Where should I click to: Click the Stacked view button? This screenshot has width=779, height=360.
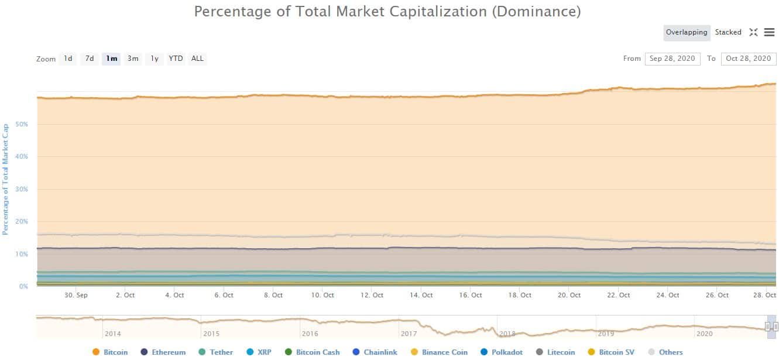[x=728, y=33]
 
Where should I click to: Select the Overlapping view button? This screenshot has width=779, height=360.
[x=687, y=33]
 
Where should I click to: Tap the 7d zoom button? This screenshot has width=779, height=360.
[x=90, y=59]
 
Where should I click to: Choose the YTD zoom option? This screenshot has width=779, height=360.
[x=176, y=59]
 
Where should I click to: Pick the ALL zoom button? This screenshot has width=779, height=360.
[x=198, y=59]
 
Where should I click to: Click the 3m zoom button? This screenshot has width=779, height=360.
[x=133, y=59]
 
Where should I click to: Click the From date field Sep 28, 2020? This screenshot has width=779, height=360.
[x=672, y=59]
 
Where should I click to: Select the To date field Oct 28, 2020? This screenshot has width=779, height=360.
[x=749, y=59]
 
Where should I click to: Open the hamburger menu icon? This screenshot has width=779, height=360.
[x=769, y=33]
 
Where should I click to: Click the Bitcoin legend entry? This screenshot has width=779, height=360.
[x=115, y=352]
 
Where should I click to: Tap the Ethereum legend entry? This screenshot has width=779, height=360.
[x=169, y=352]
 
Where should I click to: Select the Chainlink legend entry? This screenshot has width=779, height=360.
[x=380, y=352]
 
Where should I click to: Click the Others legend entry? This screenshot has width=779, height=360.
[x=671, y=352]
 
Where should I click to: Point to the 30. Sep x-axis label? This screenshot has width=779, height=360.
[x=76, y=296]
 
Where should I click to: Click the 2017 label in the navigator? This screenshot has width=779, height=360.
[x=409, y=334]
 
